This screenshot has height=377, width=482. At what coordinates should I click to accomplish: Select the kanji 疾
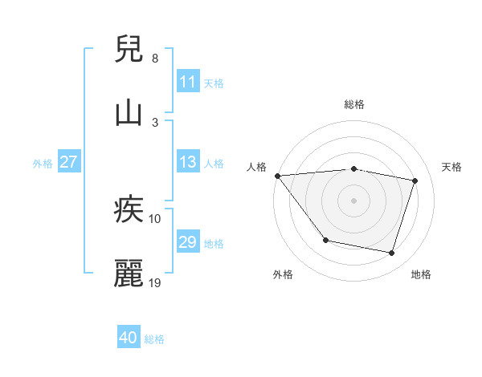pos(129,210)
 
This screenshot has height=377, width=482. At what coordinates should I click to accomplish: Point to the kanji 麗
pos(129,274)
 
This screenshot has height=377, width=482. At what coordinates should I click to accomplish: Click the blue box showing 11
pos(187,82)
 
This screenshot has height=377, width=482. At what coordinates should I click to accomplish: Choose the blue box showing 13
pos(187,162)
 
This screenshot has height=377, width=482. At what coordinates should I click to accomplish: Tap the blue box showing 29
pos(187,242)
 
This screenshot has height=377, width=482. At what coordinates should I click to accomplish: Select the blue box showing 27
pos(68,162)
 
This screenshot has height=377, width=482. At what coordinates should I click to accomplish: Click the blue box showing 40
pos(128,338)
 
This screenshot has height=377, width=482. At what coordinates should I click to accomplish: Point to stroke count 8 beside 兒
pos(154,59)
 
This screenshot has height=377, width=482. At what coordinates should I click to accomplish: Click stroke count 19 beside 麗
pos(155,282)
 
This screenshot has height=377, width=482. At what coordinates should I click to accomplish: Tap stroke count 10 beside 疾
pos(155,218)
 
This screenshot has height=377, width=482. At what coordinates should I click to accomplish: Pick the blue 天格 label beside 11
pos(213,83)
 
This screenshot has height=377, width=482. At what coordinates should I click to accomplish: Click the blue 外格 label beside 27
pos(43,163)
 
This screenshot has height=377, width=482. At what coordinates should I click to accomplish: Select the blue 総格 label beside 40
pos(154,338)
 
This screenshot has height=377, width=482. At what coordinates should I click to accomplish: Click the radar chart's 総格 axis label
pos(353,104)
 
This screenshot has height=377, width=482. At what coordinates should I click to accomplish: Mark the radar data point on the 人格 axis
pos(277,176)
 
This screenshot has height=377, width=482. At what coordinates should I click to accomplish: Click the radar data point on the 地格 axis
pos(391,253)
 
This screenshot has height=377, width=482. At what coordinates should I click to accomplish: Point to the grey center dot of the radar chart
pos(353,200)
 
